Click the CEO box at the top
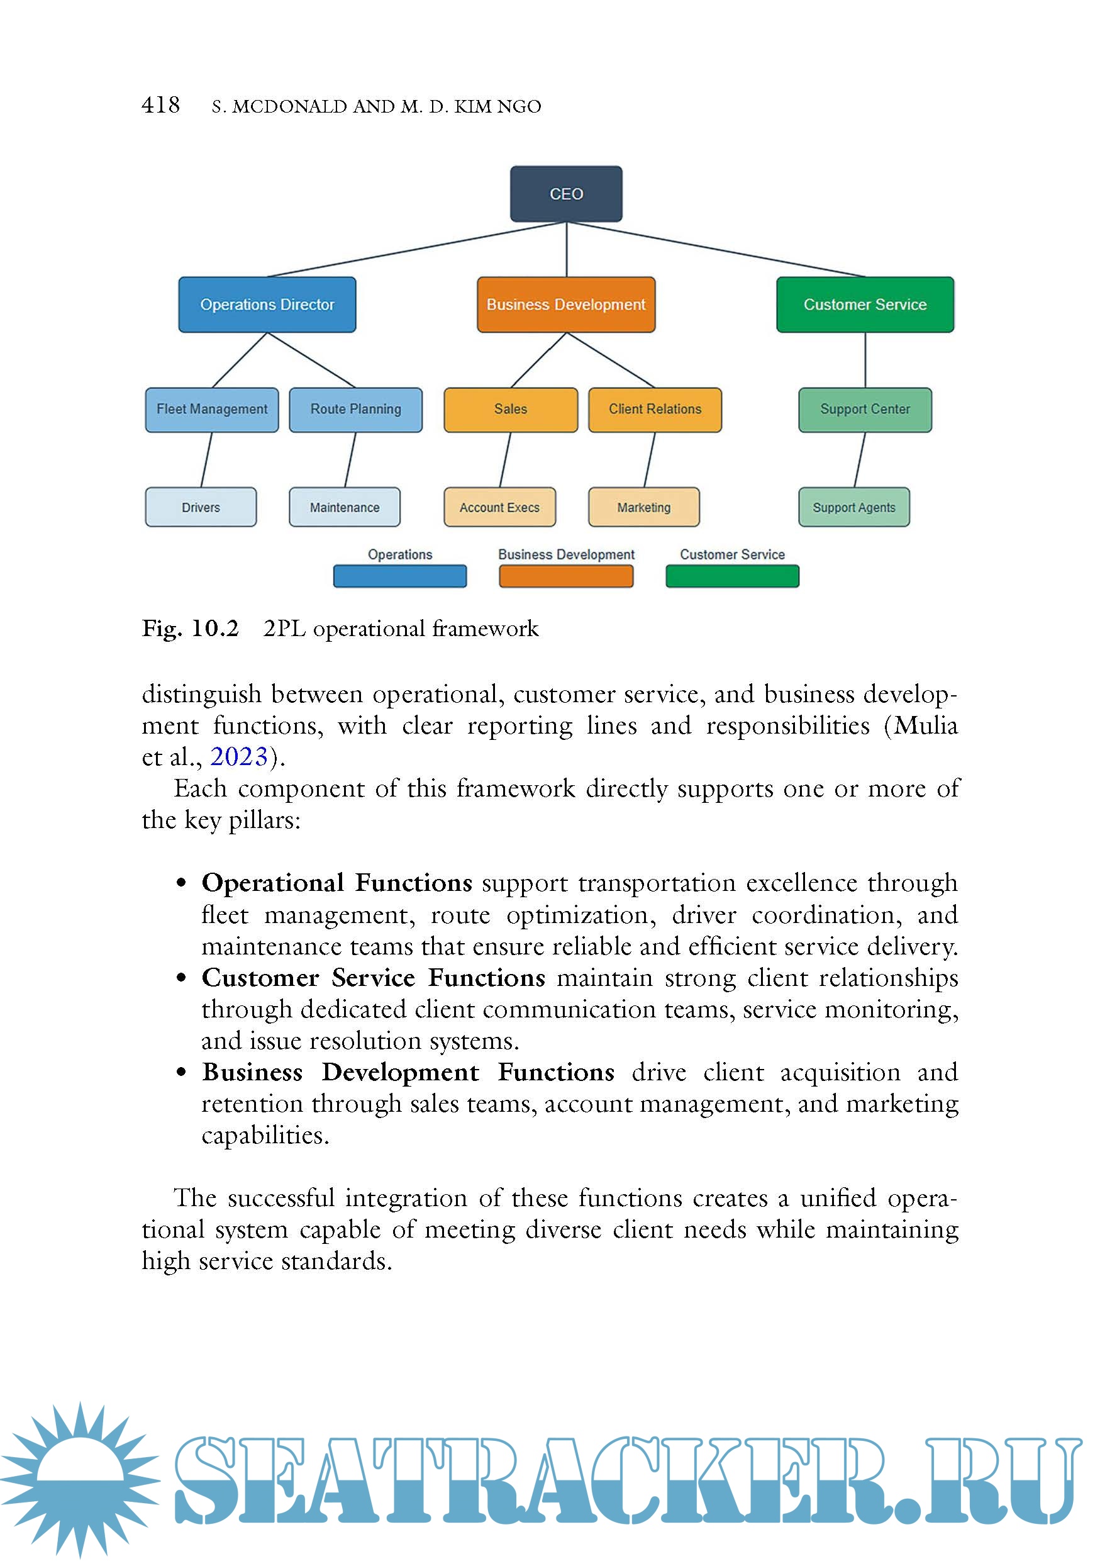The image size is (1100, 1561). [566, 194]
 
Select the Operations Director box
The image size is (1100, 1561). [267, 305]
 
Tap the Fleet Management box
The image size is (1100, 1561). [212, 410]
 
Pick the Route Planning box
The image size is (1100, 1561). [355, 410]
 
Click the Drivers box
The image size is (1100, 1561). [201, 507]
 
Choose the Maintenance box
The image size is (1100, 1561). [345, 507]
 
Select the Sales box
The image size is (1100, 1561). [510, 410]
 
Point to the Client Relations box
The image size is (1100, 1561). [655, 410]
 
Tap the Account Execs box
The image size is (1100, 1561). [499, 507]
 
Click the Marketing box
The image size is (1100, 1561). [643, 507]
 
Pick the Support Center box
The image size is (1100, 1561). [865, 410]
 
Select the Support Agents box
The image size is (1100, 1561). [854, 507]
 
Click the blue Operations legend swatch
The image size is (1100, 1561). [399, 576]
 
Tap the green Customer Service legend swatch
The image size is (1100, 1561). [731, 576]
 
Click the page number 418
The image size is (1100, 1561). [160, 104]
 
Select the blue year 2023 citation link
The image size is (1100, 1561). [238, 757]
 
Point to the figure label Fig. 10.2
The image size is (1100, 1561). [190, 628]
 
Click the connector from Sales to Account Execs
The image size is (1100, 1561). [506, 459]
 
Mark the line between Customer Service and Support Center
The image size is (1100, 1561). [865, 361]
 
